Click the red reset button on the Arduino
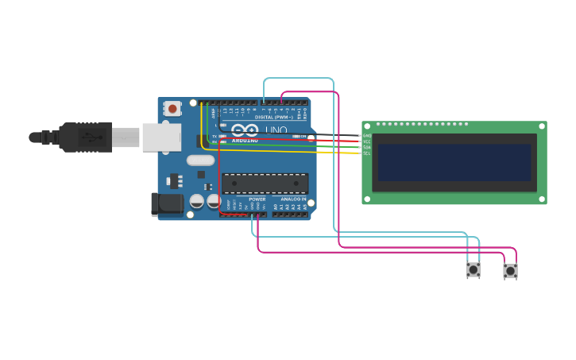point(172,108)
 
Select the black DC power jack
point(167,203)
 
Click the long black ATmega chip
point(265,184)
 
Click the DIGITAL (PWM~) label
point(273,117)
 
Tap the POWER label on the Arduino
point(257,199)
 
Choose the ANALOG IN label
point(293,199)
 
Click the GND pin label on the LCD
point(367,136)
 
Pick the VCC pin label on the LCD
point(367,141)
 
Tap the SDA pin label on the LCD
point(367,147)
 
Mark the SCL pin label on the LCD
point(367,153)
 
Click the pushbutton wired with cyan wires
point(473,270)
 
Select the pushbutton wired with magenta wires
point(510,271)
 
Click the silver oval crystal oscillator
point(200,161)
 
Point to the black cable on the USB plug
point(44,137)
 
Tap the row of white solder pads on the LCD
point(421,124)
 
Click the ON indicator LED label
point(303,137)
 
